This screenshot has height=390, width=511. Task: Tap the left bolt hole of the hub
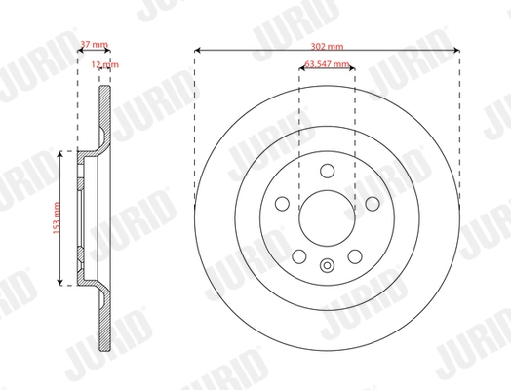point(281,203)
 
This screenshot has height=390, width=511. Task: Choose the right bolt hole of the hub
point(373,203)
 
